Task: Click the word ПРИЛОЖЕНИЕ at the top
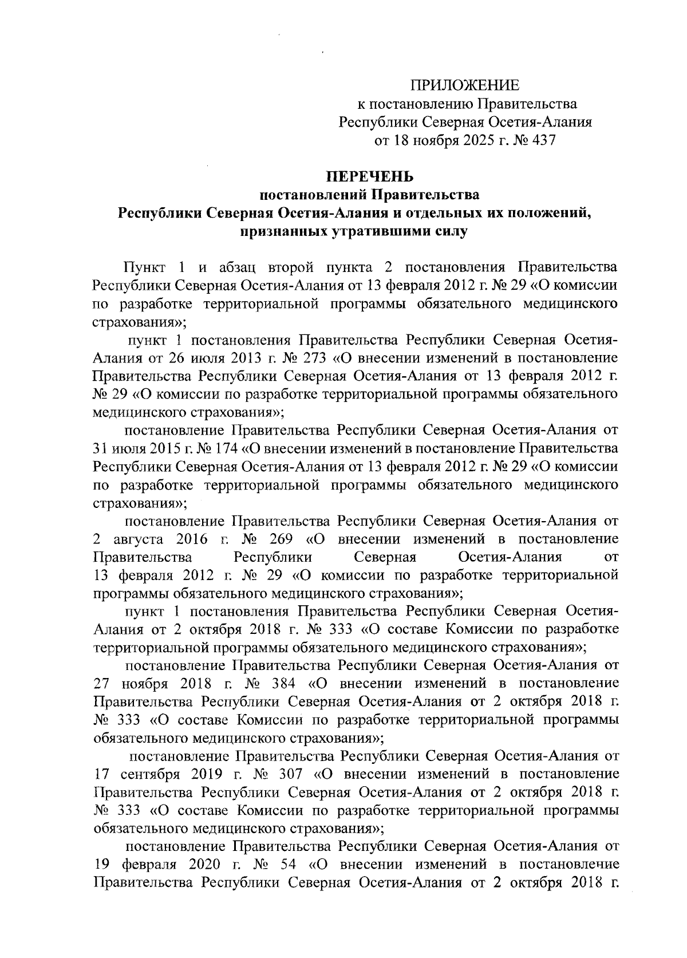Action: [464, 86]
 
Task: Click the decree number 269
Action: [281, 539]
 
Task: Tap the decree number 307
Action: [287, 774]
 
